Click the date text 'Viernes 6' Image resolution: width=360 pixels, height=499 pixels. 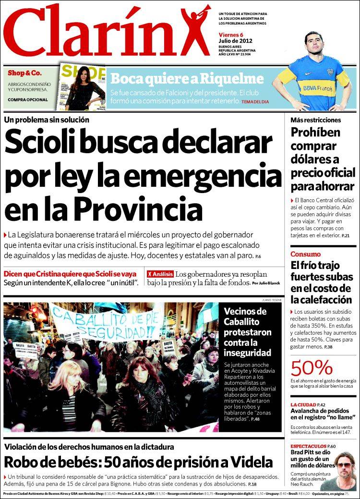coord(231,34)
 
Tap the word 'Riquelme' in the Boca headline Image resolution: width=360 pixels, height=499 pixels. coord(235,79)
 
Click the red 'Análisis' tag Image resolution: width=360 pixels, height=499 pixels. coord(160,274)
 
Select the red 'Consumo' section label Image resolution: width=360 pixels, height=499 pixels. coord(305,254)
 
